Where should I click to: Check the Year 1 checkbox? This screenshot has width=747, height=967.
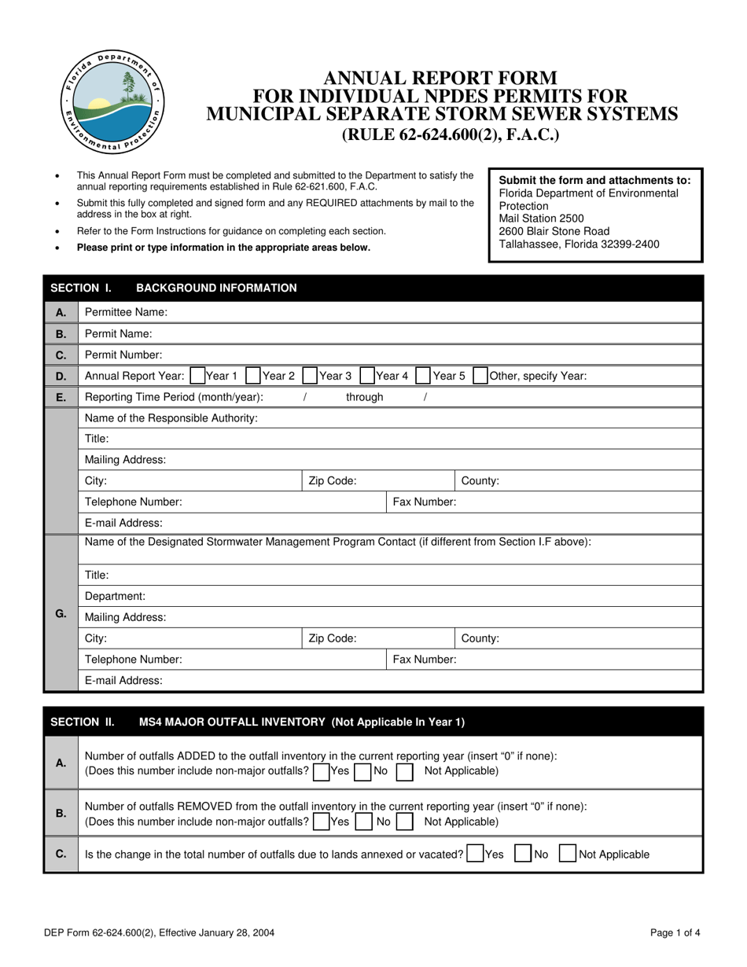coord(197,376)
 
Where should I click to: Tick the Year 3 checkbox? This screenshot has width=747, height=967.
coord(311,376)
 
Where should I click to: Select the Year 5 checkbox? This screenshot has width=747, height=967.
coord(423,376)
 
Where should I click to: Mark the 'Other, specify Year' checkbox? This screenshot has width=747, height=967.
coord(480,376)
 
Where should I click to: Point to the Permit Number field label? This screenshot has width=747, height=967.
coord(123,355)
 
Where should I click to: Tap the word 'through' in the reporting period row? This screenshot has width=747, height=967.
coord(364,397)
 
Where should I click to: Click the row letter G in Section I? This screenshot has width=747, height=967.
coord(61,613)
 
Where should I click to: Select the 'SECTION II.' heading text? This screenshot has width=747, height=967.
coord(83,722)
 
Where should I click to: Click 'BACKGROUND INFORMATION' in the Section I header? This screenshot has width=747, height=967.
coord(216,288)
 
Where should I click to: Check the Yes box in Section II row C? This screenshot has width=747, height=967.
coord(474,854)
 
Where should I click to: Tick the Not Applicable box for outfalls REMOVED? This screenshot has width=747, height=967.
coord(405,822)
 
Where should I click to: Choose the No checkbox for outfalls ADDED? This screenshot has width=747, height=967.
coord(362,771)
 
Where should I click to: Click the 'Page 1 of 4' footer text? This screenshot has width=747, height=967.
coord(675,933)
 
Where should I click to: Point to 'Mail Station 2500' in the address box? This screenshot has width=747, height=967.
coord(542,219)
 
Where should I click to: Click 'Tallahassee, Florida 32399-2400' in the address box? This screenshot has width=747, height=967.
coord(580,244)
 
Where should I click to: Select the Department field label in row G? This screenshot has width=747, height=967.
coord(115,597)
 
